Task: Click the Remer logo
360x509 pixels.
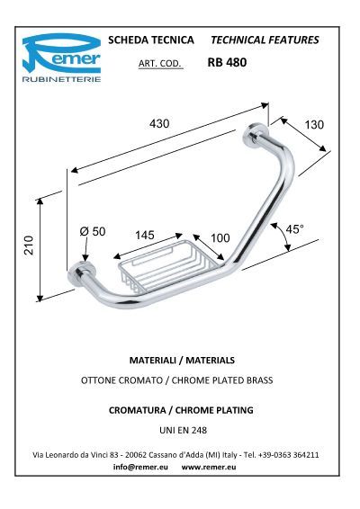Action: click(61, 58)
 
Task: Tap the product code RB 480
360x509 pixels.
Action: click(227, 62)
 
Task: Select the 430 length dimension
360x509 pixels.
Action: click(159, 124)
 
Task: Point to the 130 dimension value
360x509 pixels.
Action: click(314, 125)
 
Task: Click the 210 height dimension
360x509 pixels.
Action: click(29, 246)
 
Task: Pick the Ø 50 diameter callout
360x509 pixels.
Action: click(93, 231)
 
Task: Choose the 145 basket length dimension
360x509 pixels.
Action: click(145, 235)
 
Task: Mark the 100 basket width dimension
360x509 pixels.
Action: click(220, 238)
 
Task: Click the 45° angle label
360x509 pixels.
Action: click(294, 228)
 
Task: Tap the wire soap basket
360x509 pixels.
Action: click(167, 266)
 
